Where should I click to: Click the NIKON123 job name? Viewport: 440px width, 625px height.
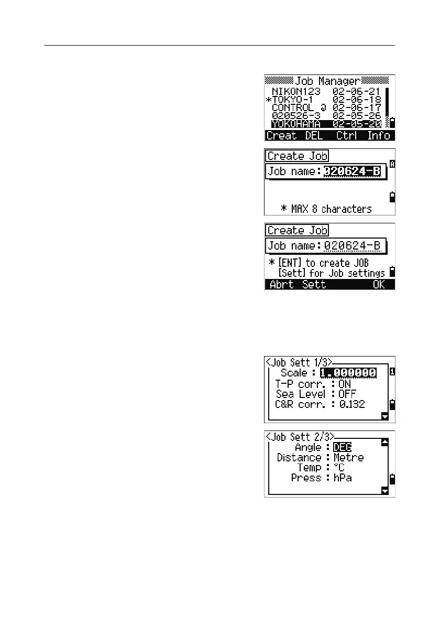click(x=296, y=91)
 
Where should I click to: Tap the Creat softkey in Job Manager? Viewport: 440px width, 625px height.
click(x=281, y=135)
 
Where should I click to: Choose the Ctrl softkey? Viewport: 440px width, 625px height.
click(x=346, y=135)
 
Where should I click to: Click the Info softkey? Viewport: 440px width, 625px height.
click(x=378, y=135)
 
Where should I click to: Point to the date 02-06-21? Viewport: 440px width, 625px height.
click(x=357, y=91)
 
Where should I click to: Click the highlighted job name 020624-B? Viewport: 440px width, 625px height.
click(x=352, y=171)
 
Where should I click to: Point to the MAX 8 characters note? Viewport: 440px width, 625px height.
click(x=326, y=209)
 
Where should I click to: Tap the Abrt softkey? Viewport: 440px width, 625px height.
click(x=282, y=284)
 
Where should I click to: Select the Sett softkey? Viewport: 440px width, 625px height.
click(x=314, y=284)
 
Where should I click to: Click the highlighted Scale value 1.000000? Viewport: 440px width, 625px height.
click(x=348, y=373)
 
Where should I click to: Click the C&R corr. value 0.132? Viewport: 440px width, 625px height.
click(x=351, y=404)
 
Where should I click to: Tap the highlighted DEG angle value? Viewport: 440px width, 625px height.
click(x=343, y=447)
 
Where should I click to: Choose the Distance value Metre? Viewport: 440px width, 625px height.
click(x=348, y=457)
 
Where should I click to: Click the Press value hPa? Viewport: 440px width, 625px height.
click(x=344, y=478)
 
